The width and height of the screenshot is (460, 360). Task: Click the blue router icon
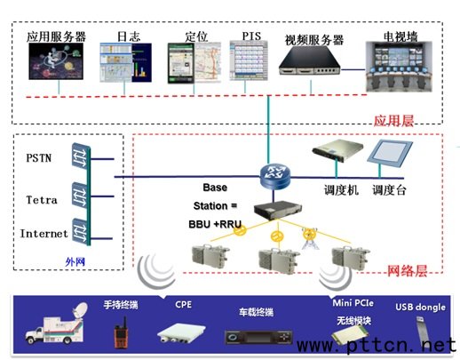coord(275,176)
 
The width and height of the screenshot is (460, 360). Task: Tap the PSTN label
coord(39,157)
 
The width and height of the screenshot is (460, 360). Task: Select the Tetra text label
coord(42,200)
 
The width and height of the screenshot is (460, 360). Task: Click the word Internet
coord(44,234)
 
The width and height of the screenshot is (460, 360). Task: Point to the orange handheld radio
coord(121,332)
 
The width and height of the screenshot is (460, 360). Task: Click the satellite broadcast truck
coord(56,324)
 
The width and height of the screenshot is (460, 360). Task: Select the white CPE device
coord(181,333)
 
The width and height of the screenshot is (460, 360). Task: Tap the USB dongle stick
coord(423,331)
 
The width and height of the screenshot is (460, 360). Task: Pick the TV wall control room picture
coord(399,67)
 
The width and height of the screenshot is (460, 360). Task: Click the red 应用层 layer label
coord(393,121)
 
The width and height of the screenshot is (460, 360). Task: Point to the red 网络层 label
coord(407,270)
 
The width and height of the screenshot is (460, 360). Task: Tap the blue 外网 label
coord(75,261)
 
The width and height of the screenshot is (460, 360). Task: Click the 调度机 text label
coord(341,190)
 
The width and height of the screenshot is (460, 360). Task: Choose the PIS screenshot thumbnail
coord(249,60)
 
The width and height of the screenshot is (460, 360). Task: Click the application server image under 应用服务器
coord(56,61)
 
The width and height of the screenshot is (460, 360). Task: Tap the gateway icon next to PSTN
coord(81,156)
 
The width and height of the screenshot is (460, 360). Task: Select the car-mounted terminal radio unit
coord(258,337)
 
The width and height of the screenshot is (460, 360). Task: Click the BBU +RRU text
coord(215,224)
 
